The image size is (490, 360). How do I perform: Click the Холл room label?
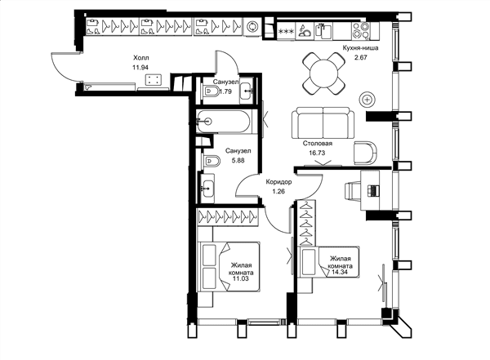click(x=141, y=58)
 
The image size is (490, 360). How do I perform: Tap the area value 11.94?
click(x=140, y=67)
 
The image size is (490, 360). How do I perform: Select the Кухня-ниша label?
click(x=360, y=48)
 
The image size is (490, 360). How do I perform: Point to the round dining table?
click(x=323, y=73)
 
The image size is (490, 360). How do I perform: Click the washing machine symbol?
click(x=252, y=27)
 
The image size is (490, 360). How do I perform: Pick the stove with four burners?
click(x=361, y=30)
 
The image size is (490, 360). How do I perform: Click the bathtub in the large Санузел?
click(x=224, y=122)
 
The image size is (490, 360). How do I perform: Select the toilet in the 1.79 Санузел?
click(x=212, y=91)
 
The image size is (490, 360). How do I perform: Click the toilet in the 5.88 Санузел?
click(x=212, y=162)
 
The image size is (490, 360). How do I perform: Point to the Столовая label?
click(x=317, y=144)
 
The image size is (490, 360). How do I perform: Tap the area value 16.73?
click(x=317, y=153)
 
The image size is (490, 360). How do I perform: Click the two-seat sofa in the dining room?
click(x=323, y=122)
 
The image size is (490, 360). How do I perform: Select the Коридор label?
click(x=278, y=182)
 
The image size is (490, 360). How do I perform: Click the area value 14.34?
click(x=341, y=272)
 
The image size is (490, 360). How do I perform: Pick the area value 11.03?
click(x=241, y=278)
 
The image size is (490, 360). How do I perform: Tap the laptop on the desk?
click(x=374, y=190)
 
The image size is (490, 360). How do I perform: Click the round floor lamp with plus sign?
click(x=367, y=100)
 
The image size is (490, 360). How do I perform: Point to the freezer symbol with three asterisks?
click(x=287, y=31)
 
